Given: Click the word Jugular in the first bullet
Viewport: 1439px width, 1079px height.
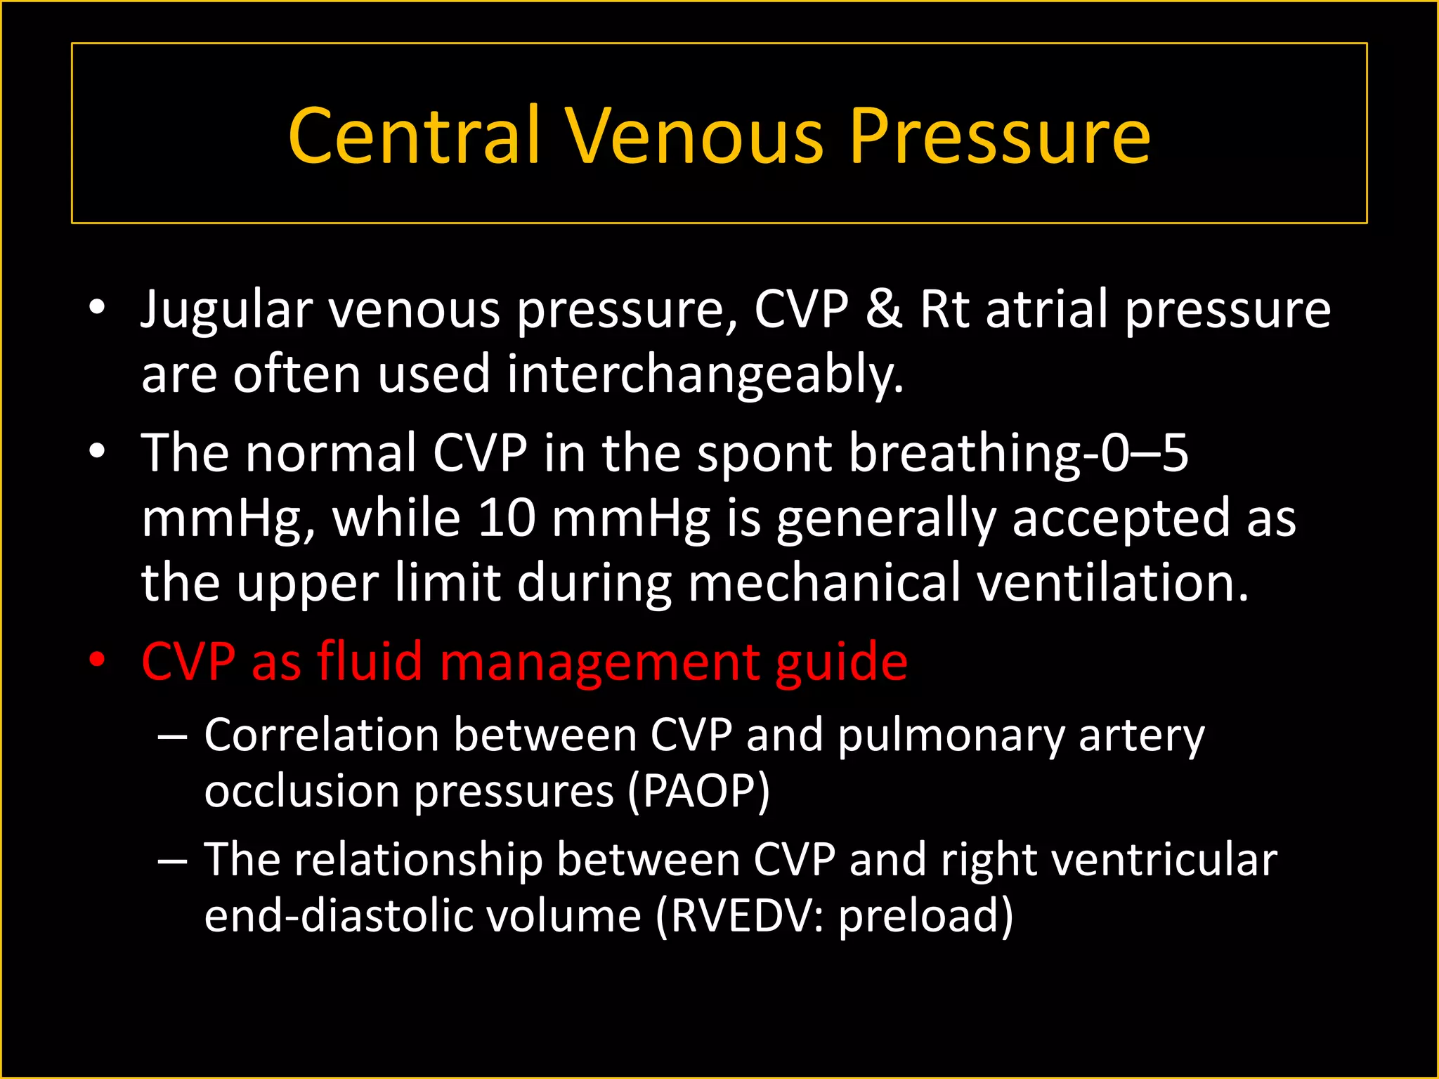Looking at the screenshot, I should coord(226,310).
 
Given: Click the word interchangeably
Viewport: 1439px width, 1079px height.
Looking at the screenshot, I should coord(705,374).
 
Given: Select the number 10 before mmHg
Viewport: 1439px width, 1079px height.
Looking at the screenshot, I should coord(506,518).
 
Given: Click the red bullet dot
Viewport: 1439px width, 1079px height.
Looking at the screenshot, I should coord(97,661).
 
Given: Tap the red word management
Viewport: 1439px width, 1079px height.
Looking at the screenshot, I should coord(599,662).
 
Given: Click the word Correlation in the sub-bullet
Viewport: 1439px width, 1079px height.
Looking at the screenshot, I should coord(322,735).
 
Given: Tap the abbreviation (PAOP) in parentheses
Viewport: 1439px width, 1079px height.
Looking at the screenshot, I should coord(698,792).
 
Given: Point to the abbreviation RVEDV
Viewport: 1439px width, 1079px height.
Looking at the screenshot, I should coord(741,917).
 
